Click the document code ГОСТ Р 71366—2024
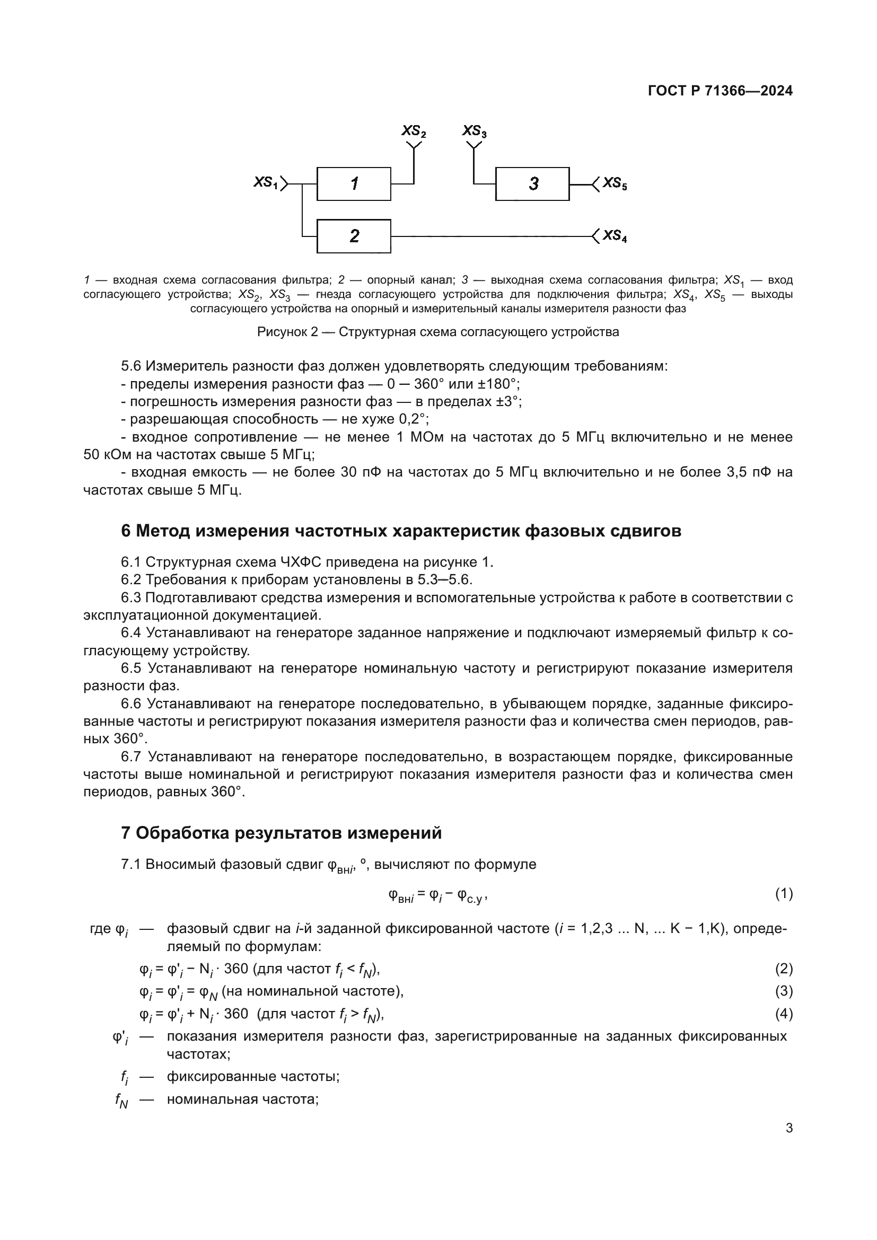720,91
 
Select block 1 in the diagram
354,184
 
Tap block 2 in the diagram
354,236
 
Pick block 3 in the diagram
532,184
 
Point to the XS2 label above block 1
414,131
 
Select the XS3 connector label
474,131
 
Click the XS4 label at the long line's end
615,236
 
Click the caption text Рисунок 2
287,331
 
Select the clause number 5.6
130,366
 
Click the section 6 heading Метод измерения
401,531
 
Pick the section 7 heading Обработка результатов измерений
281,833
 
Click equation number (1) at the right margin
784,894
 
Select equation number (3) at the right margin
784,991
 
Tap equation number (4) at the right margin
784,1014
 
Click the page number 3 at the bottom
789,1128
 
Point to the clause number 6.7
130,757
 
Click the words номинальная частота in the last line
242,1099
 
